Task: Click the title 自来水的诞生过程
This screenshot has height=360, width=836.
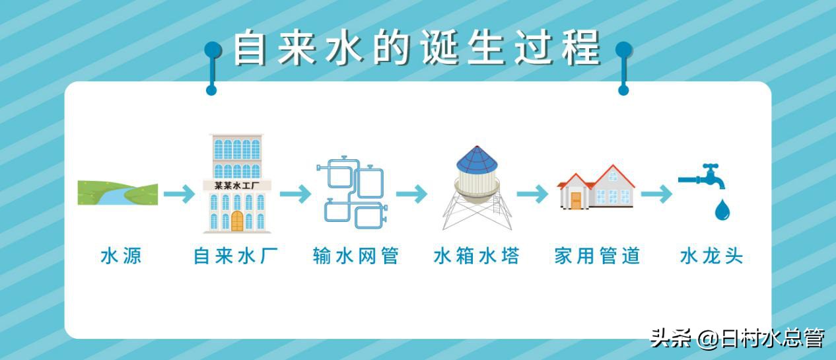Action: [x=417, y=48]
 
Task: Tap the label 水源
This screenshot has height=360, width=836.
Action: [x=121, y=256]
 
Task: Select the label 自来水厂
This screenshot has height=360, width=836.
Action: [x=236, y=256]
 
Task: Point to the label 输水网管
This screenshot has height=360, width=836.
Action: [x=356, y=256]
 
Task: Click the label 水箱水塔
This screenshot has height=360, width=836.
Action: [x=476, y=256]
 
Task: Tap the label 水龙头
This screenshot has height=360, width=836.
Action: [x=711, y=256]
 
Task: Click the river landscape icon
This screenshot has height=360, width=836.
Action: [x=118, y=192]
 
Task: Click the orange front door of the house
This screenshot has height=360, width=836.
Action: [x=576, y=200]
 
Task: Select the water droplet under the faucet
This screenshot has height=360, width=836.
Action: [x=722, y=210]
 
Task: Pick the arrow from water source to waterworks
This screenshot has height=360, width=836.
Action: [x=179, y=194]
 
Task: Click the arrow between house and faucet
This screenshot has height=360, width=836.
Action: [x=656, y=194]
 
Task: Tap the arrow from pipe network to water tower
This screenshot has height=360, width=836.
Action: [x=412, y=194]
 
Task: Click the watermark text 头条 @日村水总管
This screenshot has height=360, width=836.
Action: [x=737, y=339]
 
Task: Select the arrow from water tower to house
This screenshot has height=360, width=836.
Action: [x=532, y=194]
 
